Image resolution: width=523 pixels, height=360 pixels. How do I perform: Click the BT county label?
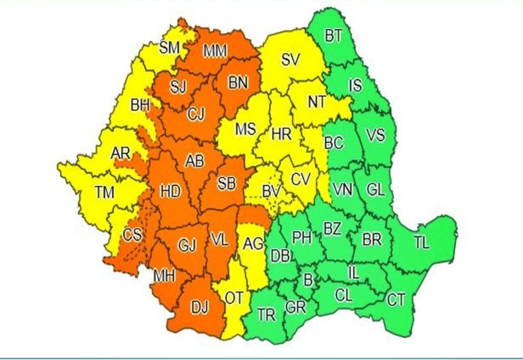point(333,36)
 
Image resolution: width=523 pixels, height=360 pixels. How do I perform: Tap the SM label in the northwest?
point(169,48)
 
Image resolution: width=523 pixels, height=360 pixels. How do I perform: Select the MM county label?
point(215,51)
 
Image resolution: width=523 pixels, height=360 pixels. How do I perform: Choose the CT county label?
point(396,300)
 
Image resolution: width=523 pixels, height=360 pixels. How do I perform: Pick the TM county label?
point(105,193)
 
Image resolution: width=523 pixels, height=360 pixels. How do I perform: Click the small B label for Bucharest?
point(308,280)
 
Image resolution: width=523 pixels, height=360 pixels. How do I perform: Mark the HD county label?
point(170,192)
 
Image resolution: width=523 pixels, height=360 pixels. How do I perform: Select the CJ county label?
point(197,112)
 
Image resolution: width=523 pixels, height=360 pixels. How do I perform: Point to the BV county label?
point(271,191)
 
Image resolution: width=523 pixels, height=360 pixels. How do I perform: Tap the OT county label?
point(234,298)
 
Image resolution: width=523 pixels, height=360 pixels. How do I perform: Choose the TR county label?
point(266,315)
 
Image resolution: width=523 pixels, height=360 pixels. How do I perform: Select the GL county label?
point(375,190)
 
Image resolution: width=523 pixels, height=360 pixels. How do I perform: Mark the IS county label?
point(355,85)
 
